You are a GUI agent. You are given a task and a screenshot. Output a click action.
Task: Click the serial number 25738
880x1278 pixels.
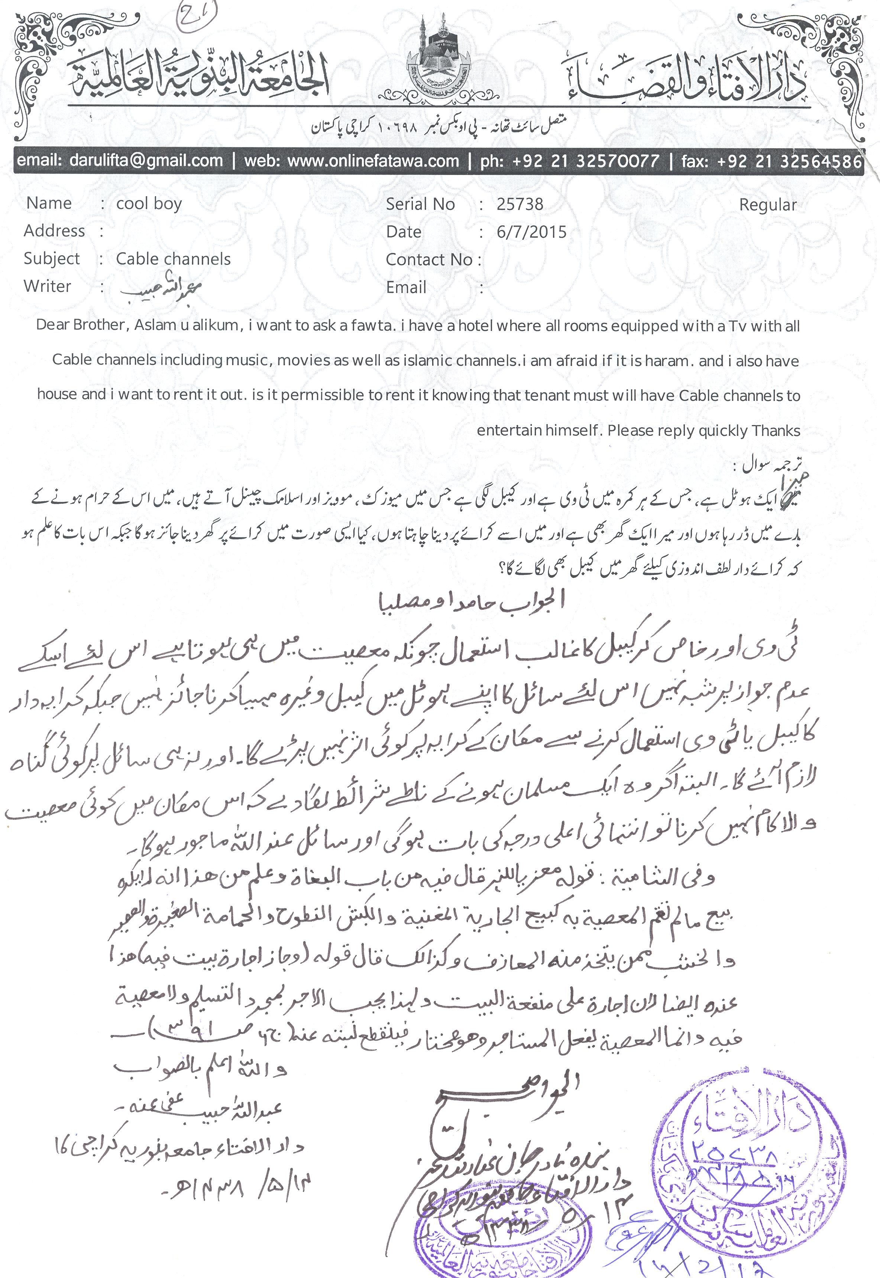tap(520, 204)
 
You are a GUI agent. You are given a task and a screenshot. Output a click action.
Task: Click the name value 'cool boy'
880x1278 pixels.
tap(149, 204)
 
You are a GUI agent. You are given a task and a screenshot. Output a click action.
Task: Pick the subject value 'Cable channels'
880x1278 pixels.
tap(173, 259)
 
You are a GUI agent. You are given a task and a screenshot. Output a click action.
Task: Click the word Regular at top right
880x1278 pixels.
tap(767, 205)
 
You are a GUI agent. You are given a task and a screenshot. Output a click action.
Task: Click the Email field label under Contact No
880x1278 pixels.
tap(406, 287)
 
